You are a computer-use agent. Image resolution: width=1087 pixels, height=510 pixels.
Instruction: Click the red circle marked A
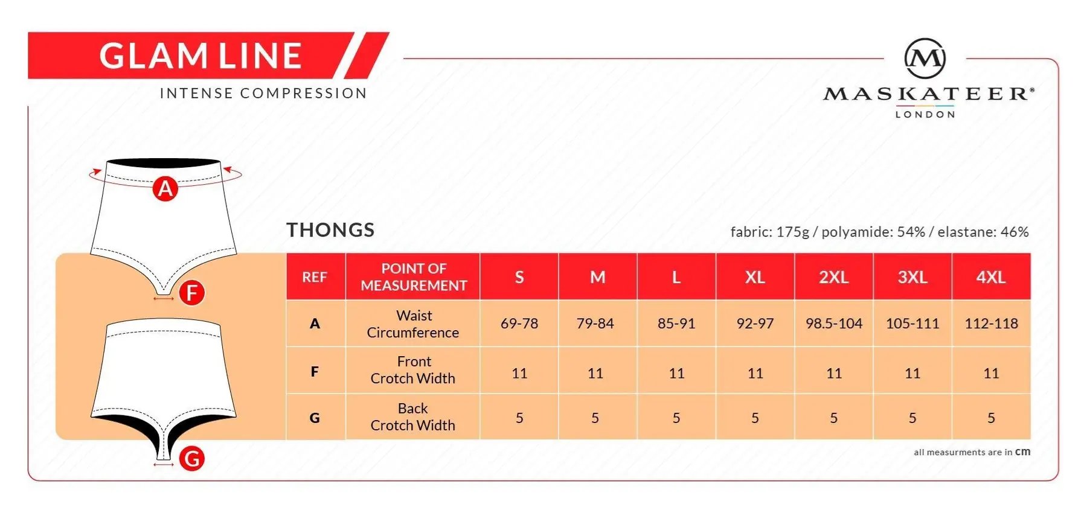pyautogui.click(x=165, y=189)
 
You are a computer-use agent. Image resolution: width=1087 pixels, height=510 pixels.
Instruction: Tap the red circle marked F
pyautogui.click(x=192, y=293)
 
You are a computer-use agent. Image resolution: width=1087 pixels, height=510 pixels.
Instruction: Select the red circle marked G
pyautogui.click(x=192, y=459)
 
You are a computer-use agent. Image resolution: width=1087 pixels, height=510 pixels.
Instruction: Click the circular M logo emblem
pyautogui.click(x=925, y=59)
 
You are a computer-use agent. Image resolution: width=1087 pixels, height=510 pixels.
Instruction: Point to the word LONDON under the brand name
pyautogui.click(x=925, y=114)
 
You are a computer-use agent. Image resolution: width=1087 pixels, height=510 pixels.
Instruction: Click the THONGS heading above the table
pyautogui.click(x=330, y=230)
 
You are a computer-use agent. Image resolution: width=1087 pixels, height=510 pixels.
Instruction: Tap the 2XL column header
pyautogui.click(x=833, y=277)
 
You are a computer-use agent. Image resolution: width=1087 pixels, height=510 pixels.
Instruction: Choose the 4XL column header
pyautogui.click(x=991, y=277)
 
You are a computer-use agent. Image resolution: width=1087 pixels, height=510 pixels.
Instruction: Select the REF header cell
pyautogui.click(x=315, y=277)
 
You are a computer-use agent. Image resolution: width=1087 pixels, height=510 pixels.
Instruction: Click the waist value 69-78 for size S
pyautogui.click(x=519, y=324)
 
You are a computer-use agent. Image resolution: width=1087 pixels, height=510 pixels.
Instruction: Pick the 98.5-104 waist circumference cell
pyautogui.click(x=834, y=324)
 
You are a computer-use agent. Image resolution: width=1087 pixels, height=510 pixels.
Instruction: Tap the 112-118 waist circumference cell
pyautogui.click(x=991, y=324)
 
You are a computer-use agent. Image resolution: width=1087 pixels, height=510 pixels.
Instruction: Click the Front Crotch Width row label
pyautogui.click(x=413, y=370)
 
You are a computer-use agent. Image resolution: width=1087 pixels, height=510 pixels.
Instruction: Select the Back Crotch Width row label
pyautogui.click(x=413, y=417)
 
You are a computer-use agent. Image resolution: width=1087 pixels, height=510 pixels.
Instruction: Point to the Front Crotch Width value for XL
pyautogui.click(x=755, y=374)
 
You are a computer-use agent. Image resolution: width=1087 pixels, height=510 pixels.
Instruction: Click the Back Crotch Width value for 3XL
pyautogui.click(x=912, y=418)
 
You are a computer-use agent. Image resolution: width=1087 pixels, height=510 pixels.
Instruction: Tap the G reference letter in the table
pyautogui.click(x=315, y=418)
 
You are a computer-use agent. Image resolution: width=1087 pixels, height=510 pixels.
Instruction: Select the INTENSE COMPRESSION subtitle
pyautogui.click(x=263, y=94)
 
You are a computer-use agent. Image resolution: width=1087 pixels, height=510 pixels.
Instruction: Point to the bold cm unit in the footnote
pyautogui.click(x=1023, y=451)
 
